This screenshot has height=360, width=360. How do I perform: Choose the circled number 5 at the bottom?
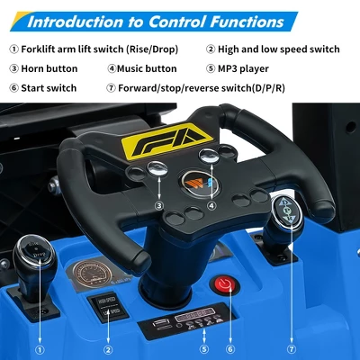pyautogui.click(x=203, y=348)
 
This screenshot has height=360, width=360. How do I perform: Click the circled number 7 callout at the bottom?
pyautogui.click(x=291, y=348)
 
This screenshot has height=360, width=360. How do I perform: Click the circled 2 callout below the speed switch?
pyautogui.click(x=108, y=348)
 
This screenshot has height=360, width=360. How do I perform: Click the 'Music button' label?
pyautogui.click(x=147, y=68)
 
